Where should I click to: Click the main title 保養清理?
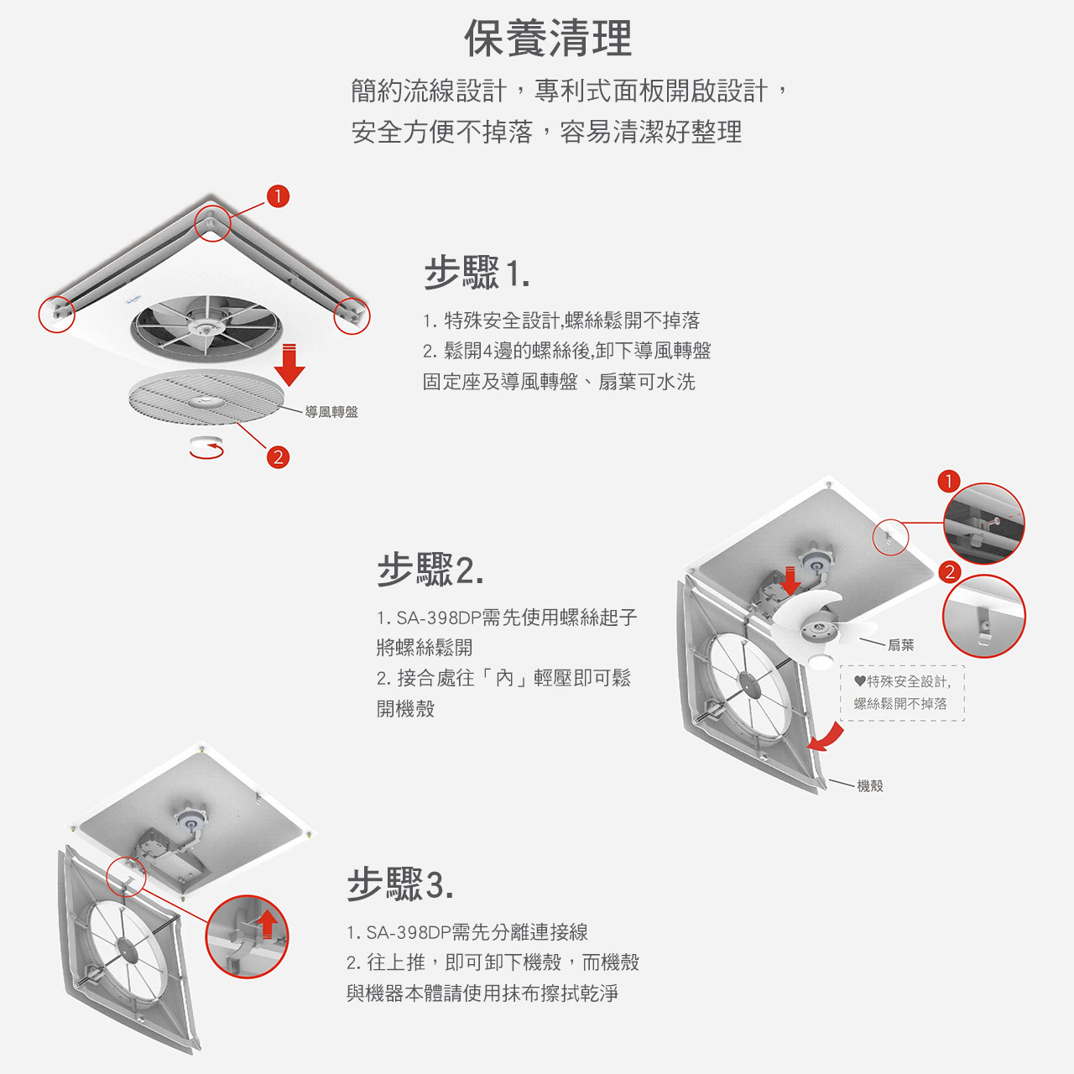[x=548, y=39]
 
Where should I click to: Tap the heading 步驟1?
[x=477, y=274]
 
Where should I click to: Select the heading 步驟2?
[x=430, y=570]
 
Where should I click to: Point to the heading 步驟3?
[x=400, y=884]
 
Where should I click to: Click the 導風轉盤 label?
[x=331, y=412]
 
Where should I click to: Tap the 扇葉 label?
[x=900, y=645]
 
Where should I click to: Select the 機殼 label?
[x=870, y=786]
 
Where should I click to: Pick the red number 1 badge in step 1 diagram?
[x=278, y=196]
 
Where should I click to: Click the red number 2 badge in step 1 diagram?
[x=278, y=457]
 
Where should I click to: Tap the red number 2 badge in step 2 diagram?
[x=949, y=572]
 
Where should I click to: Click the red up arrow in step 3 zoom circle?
[x=268, y=923]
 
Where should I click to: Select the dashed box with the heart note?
[x=902, y=693]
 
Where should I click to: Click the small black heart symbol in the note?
[x=859, y=681]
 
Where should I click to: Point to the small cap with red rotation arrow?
[x=206, y=446]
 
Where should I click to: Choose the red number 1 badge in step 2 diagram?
[x=948, y=482]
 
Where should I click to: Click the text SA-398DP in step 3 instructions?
[x=408, y=932]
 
